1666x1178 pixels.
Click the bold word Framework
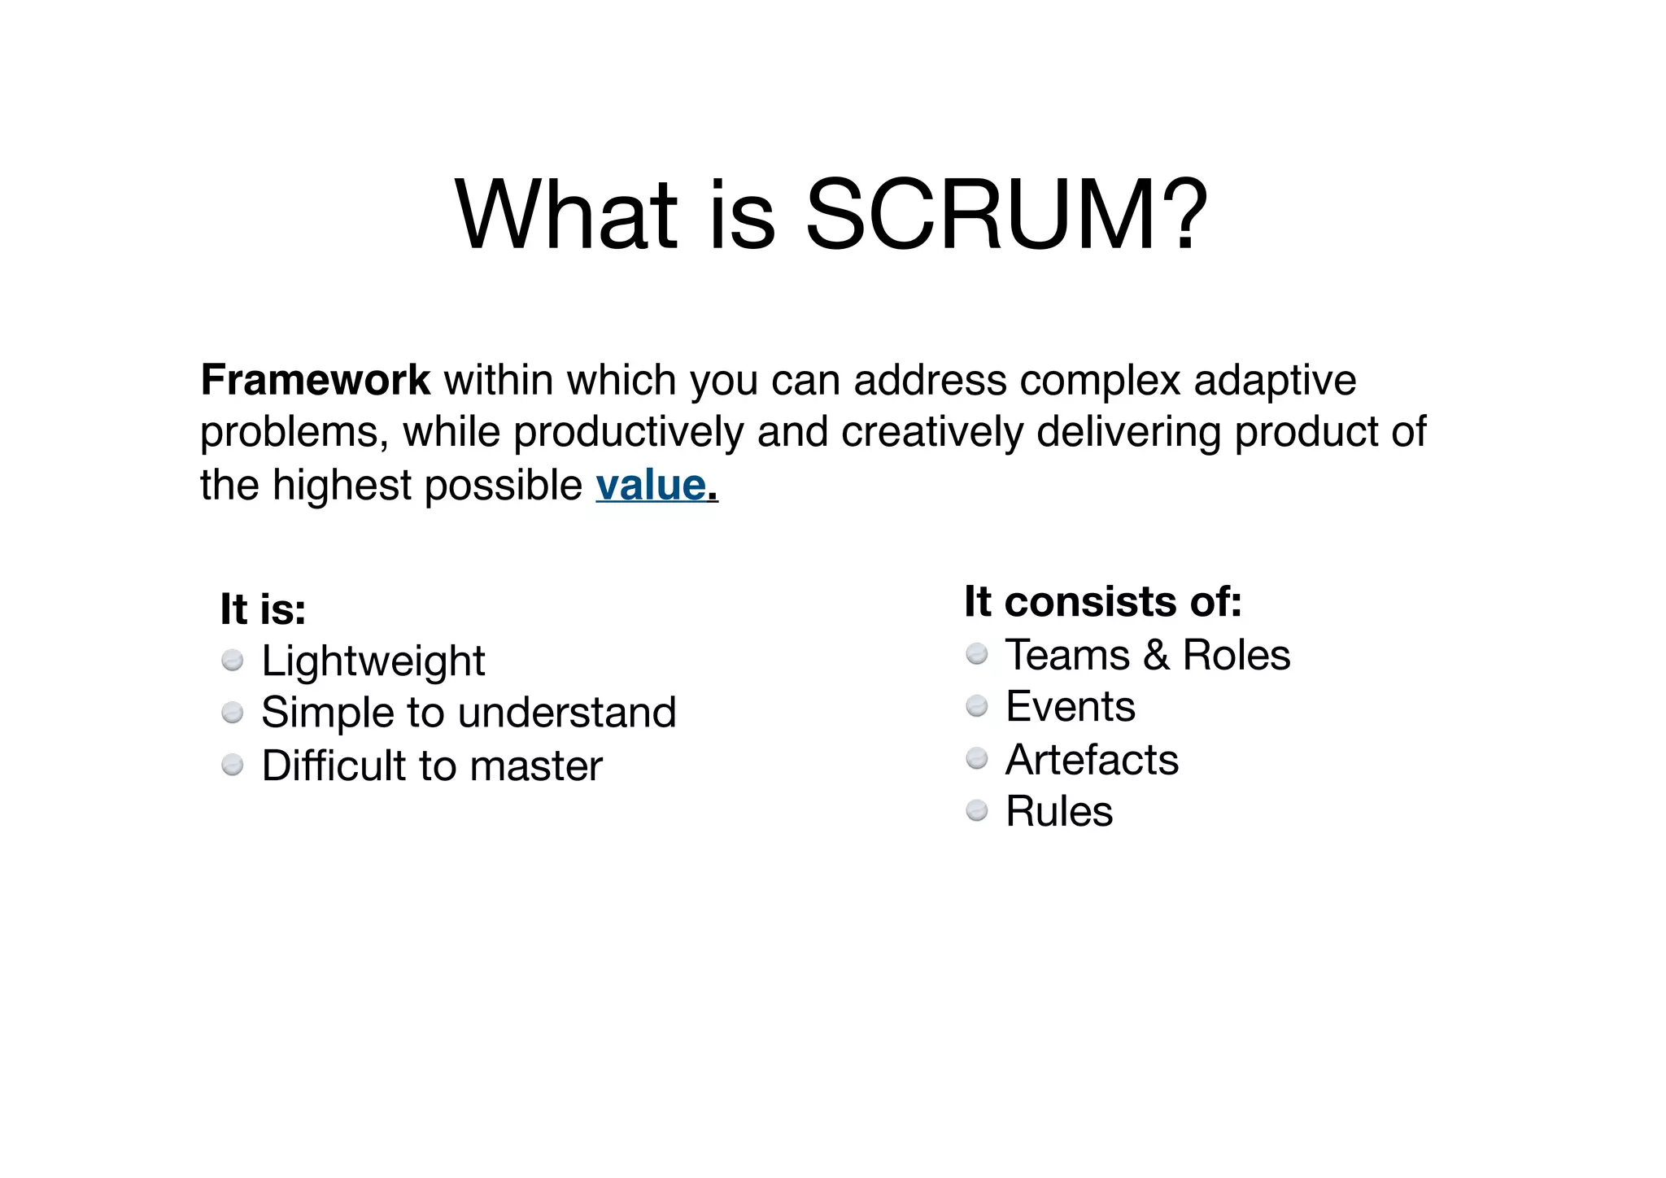315,380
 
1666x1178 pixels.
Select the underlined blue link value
651,486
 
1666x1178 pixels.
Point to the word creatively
931,433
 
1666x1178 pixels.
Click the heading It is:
263,609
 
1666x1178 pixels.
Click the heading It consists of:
1103,602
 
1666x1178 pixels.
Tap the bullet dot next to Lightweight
233,661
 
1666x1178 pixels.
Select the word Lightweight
373,661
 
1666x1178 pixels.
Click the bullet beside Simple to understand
233,713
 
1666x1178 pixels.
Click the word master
536,766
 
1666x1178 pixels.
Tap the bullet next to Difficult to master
233,766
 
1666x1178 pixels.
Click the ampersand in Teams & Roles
1156,655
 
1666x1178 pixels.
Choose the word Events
1071,706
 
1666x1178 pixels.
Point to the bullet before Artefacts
977,759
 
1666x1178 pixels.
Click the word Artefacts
1092,760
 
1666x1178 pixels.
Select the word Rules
1059,811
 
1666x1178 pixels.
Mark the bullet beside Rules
977,811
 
